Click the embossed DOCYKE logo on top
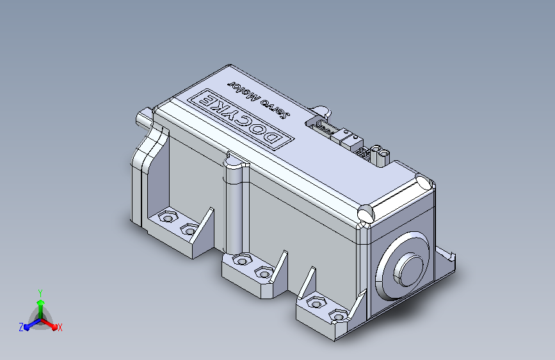pyautogui.click(x=240, y=119)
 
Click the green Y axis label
pyautogui.click(x=40, y=293)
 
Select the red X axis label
pyautogui.click(x=60, y=327)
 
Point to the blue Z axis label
pyautogui.click(x=21, y=327)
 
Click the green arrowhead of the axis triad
pyautogui.click(x=41, y=302)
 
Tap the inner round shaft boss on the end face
pyautogui.click(x=408, y=269)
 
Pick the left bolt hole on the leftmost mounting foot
pyautogui.click(x=167, y=217)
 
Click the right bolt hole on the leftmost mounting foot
pyautogui.click(x=189, y=229)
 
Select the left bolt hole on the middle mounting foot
pyautogui.click(x=242, y=260)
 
